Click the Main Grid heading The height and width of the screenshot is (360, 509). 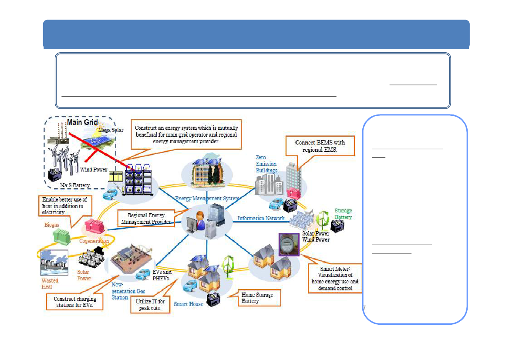coord(82,122)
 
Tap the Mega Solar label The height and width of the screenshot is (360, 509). coord(111,130)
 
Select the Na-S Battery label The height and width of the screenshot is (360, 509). coord(75,185)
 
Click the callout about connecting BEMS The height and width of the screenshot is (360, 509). coord(320,146)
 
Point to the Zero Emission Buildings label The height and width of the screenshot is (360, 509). coord(266,164)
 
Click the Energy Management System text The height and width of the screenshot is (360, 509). coord(207,199)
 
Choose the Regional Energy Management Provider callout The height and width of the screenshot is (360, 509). coord(146,219)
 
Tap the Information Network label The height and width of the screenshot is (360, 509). coord(261,219)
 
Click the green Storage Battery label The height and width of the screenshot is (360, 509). coord(343,214)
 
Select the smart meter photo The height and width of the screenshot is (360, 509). coord(289,245)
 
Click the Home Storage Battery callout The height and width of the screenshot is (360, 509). coord(259,298)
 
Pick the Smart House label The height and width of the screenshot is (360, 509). coord(189,304)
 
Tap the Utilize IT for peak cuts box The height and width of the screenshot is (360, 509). coord(150,305)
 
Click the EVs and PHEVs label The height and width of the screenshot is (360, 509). coord(162,275)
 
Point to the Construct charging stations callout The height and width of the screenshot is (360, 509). coord(75,302)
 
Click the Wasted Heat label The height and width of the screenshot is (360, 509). coord(50,283)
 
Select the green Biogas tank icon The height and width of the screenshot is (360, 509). coord(62,236)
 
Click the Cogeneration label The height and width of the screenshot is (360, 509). coord(94,241)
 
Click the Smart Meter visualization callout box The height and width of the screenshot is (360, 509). coord(335,278)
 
